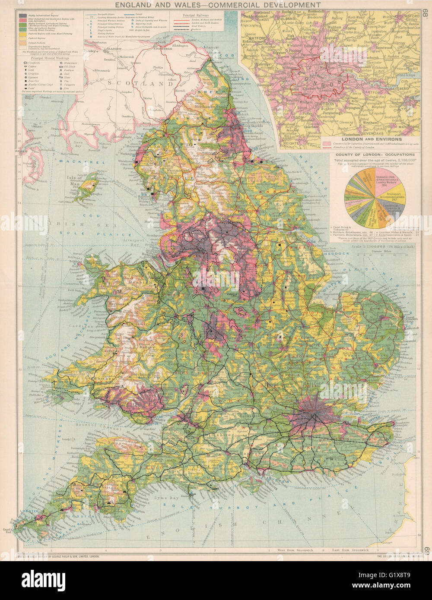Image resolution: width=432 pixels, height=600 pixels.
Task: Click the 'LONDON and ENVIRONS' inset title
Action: tap(371, 139)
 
